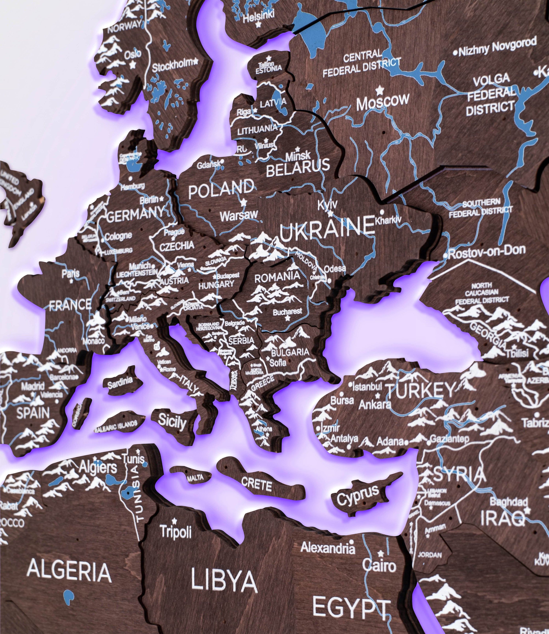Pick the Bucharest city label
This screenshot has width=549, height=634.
point(287,312)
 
